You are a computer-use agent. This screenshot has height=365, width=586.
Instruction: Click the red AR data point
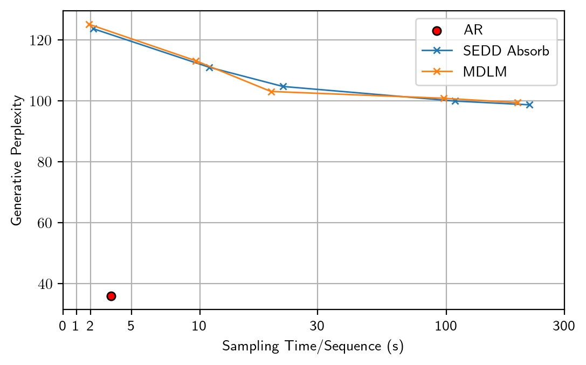pyautogui.click(x=111, y=296)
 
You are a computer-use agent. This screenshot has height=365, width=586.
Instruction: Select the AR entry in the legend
pyautogui.click(x=473, y=31)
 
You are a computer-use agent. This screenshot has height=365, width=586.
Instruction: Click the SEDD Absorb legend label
pyautogui.click(x=506, y=51)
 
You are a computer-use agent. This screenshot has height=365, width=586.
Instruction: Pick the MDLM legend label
pyautogui.click(x=484, y=72)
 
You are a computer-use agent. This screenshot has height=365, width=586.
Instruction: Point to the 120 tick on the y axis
pyautogui.click(x=46, y=40)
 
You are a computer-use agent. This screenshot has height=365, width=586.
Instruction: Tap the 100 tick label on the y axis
pyautogui.click(x=46, y=101)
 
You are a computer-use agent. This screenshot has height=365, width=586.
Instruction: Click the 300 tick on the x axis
pyautogui.click(x=564, y=325)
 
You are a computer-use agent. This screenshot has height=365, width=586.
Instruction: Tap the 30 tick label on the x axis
pyautogui.click(x=317, y=325)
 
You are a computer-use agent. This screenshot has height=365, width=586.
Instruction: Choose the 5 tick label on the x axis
pyautogui.click(x=131, y=325)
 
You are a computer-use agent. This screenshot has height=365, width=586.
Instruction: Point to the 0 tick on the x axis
pyautogui.click(x=63, y=325)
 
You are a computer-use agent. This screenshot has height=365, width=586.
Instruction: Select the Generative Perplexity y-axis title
pyautogui.click(x=18, y=160)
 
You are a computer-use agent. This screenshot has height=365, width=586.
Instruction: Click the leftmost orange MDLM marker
pyautogui.click(x=89, y=24)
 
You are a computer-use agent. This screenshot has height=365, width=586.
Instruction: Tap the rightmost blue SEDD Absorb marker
pyautogui.click(x=529, y=105)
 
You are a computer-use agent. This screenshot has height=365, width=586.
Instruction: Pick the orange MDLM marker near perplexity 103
pyautogui.click(x=271, y=92)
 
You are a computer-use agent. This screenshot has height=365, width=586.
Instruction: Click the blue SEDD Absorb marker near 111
pyautogui.click(x=209, y=67)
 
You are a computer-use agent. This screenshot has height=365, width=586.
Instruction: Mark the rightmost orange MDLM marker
pyautogui.click(x=518, y=102)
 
